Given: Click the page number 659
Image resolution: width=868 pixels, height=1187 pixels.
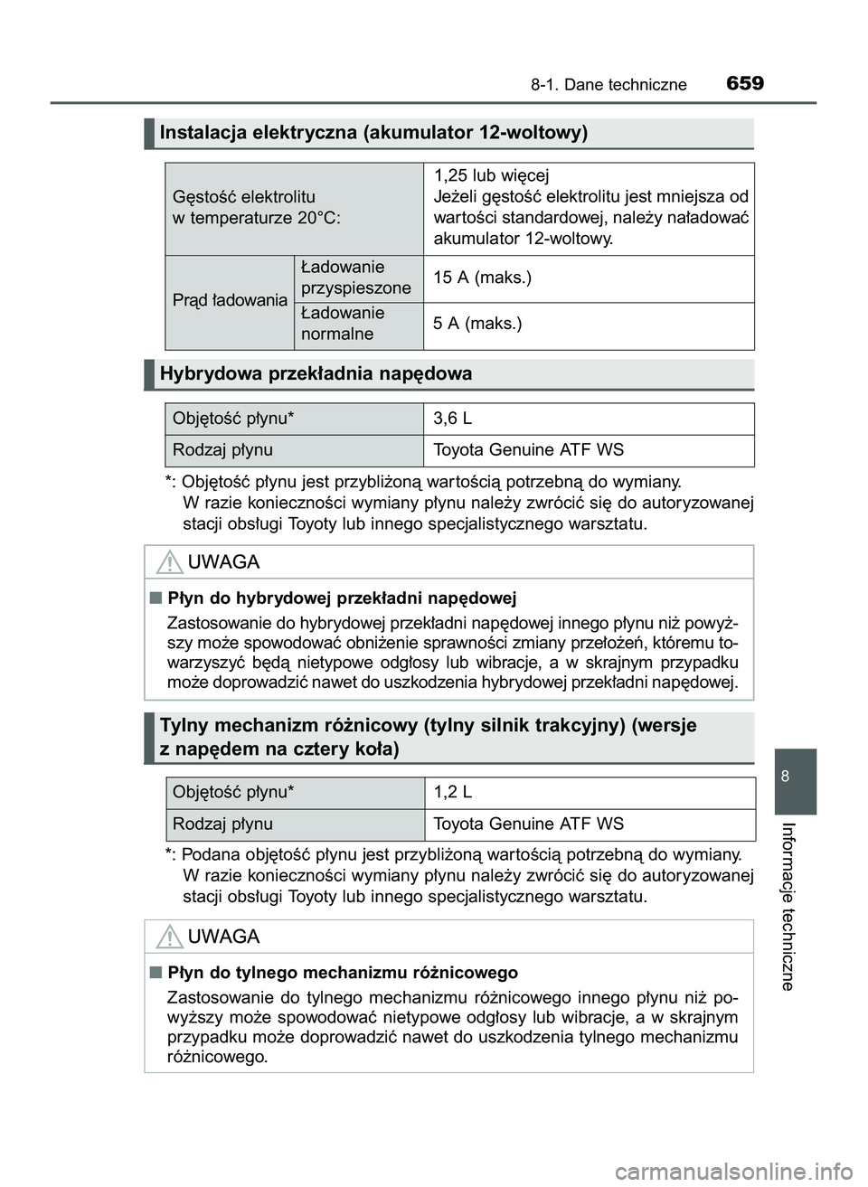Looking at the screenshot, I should pos(744,83).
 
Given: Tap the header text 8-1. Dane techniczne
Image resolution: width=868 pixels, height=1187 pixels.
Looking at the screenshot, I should pos(609,85).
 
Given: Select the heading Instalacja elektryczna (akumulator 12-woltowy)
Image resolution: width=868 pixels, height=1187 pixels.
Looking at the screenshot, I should pos(373,133).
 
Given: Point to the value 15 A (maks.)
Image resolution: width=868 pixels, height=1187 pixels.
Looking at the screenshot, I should pos(482,278).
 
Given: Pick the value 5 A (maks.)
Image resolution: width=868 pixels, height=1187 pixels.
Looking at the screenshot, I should pos(477,324).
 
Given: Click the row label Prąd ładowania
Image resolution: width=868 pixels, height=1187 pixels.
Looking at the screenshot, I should pos(230,300).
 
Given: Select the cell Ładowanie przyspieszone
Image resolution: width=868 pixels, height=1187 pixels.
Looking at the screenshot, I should pos(355,278).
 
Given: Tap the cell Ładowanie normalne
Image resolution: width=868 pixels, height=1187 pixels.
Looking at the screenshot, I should pos(343,324).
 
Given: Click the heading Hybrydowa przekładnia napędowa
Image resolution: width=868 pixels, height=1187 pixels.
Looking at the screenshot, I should pos(316,373).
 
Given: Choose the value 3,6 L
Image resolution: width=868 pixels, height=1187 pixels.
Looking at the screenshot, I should pos(452,419).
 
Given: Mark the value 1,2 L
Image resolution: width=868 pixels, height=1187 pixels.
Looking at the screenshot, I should pos(452,792).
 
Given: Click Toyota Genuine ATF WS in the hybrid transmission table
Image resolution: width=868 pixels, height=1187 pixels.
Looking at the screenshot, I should pos(528,450).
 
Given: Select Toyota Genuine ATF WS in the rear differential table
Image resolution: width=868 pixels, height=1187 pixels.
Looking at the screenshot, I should pos(528,824).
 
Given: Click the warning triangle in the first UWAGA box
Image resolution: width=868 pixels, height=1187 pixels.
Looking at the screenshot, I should pos(168,563).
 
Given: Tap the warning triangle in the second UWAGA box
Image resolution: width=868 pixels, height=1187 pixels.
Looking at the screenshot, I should pos(168,937).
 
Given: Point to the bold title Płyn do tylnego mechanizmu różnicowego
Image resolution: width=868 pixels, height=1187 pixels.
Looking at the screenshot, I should pos(343,973).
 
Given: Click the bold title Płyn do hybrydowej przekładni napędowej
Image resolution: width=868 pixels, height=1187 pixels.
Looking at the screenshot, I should pos(342,598).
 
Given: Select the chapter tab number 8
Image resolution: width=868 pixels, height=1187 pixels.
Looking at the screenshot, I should pos(795,777).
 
